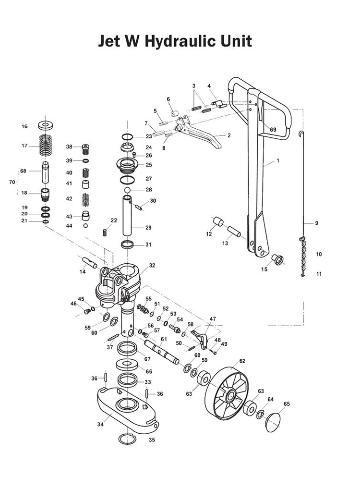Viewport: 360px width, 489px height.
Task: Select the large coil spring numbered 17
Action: (x=47, y=145)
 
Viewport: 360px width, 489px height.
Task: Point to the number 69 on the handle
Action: (x=273, y=130)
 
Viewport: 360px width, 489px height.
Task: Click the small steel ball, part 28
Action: (x=127, y=190)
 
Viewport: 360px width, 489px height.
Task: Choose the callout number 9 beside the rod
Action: (x=316, y=223)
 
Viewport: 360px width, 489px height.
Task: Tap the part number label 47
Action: (x=213, y=319)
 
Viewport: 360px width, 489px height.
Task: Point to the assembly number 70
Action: (x=12, y=182)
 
